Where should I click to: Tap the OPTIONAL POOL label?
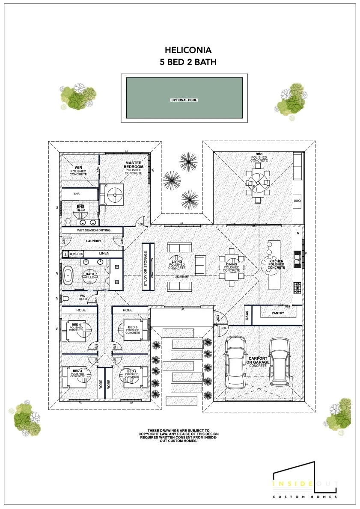point(184,100)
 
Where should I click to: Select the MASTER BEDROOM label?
point(134,165)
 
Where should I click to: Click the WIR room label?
point(78,168)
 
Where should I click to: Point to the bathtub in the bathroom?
point(68,276)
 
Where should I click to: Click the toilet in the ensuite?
point(68,221)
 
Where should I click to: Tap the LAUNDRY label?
point(93,241)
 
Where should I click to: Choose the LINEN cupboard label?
point(104,254)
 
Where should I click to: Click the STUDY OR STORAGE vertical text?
point(145,268)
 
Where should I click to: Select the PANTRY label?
point(278,314)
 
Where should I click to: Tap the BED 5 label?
point(133,327)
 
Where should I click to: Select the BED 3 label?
point(77,371)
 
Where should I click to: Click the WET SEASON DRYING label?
point(93,231)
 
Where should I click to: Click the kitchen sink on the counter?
point(297,258)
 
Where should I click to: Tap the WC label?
point(83,296)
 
